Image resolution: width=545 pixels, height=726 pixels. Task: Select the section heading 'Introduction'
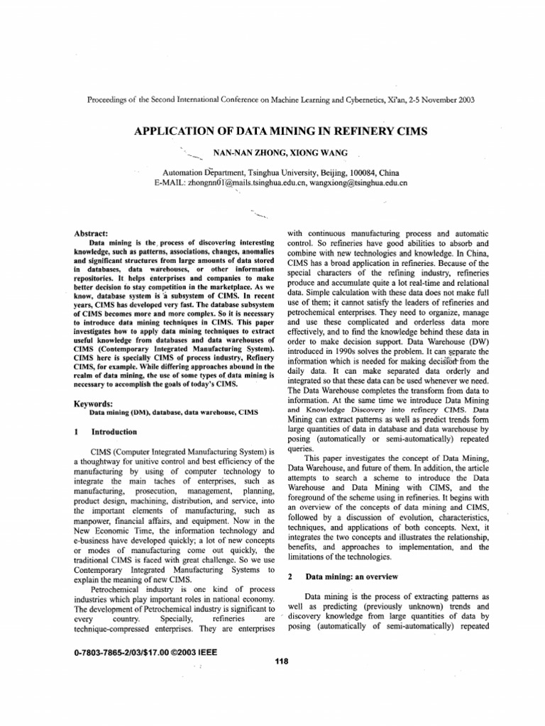[x=114, y=431]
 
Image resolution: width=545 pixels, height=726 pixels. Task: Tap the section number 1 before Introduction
[x=76, y=431]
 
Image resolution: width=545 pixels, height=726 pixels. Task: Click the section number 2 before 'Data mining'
[x=291, y=576]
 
